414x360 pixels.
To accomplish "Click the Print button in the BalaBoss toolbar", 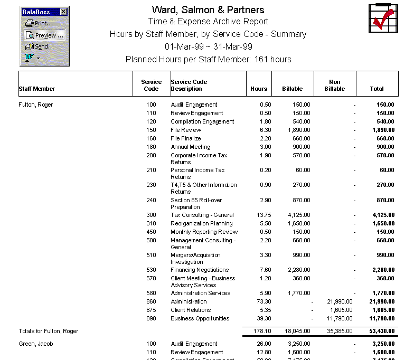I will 40,23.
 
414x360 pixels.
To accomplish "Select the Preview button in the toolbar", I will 44,35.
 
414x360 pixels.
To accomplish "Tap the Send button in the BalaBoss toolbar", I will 40,46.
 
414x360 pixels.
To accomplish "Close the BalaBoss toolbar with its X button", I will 64,12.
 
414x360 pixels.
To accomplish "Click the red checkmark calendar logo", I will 382,18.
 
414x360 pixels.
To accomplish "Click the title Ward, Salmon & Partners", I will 208,10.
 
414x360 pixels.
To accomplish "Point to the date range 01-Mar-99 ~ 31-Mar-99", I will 208,46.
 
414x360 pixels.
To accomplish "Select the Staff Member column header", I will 37,89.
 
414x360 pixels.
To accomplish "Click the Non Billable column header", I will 334,85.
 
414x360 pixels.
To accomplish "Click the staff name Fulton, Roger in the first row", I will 36,105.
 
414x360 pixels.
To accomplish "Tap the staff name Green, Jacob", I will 35,344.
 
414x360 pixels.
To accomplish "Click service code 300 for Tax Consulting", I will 151,215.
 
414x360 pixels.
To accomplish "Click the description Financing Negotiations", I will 200,270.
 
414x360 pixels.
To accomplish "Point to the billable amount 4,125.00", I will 298,215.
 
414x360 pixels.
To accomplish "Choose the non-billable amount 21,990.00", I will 340,301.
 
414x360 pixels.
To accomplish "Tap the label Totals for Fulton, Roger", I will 48,331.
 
